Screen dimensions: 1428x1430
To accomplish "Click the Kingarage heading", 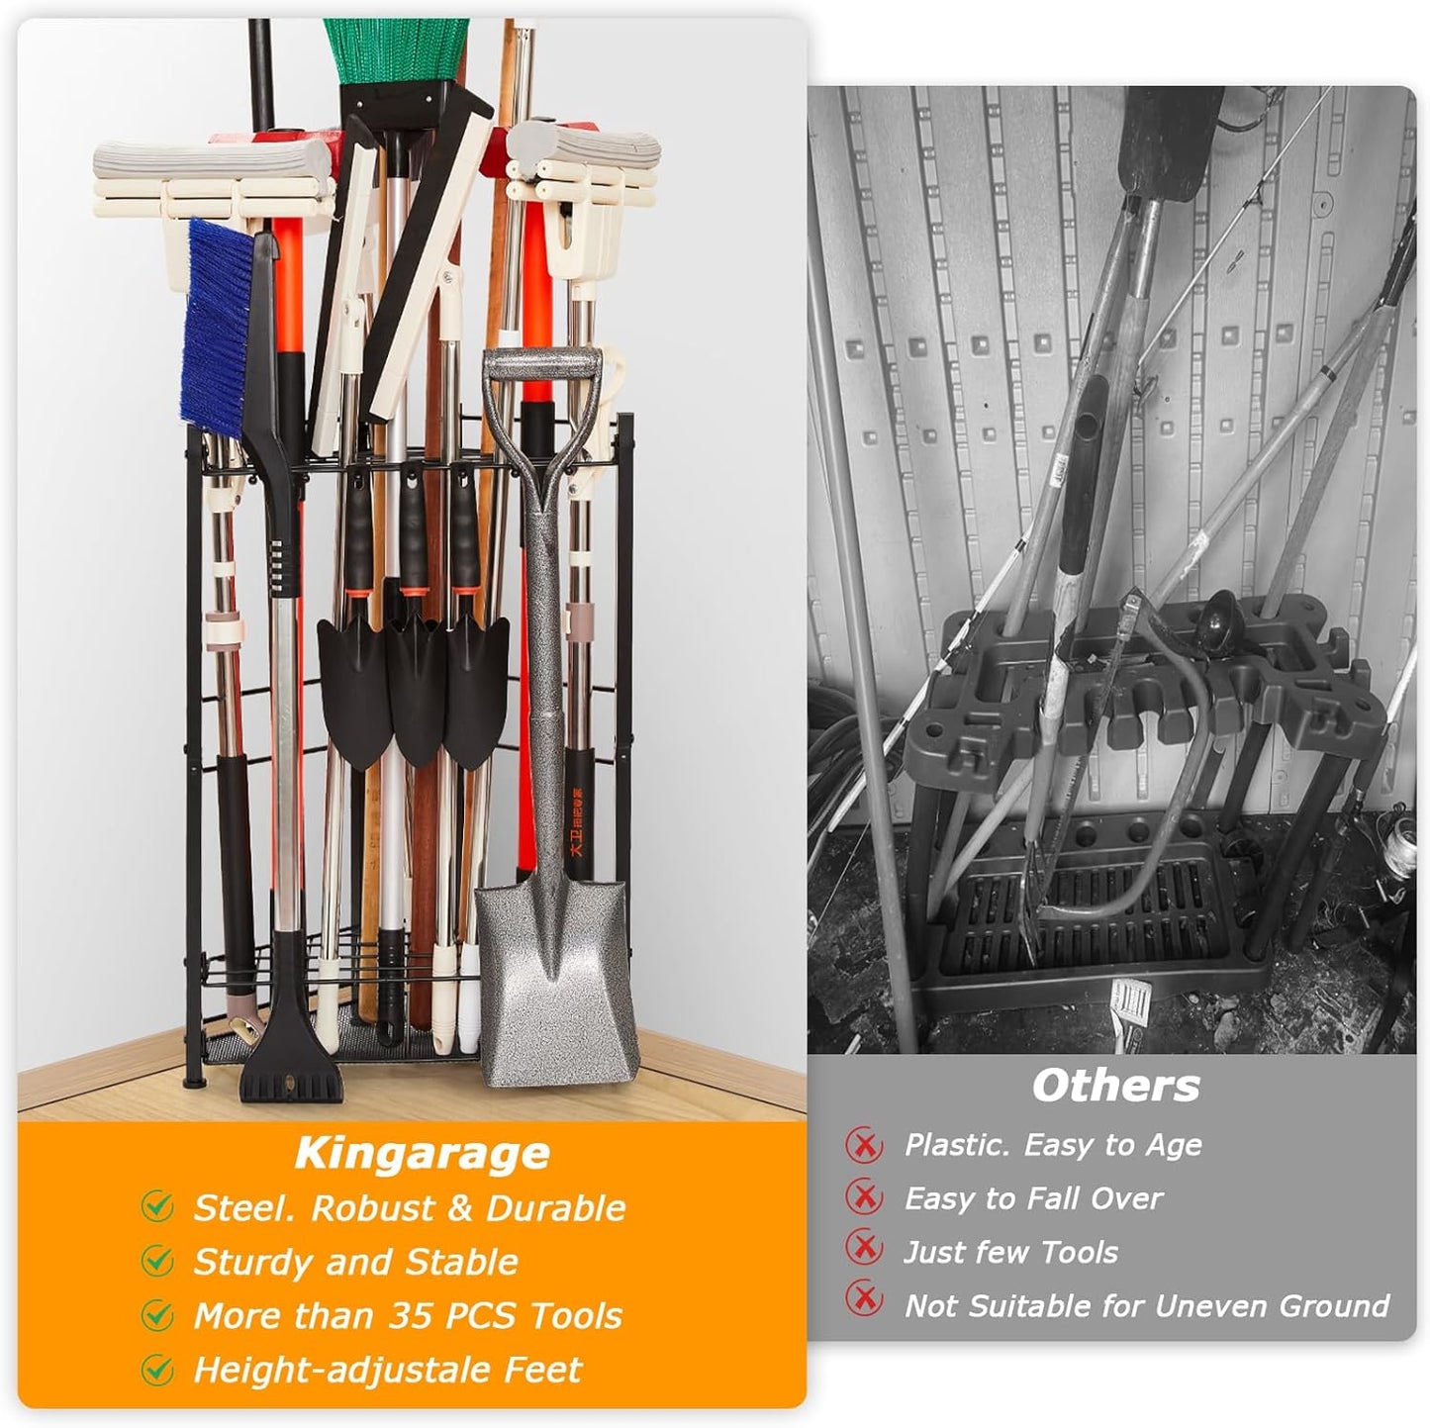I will click(422, 1154).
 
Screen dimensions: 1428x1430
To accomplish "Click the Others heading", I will click(1115, 1087).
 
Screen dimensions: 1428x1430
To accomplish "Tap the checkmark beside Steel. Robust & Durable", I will click(157, 1206).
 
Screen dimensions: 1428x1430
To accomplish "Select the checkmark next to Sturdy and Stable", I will click(157, 1261).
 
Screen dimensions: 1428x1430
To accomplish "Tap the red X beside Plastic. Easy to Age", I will click(864, 1146).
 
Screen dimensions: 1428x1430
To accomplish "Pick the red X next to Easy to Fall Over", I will click(864, 1198).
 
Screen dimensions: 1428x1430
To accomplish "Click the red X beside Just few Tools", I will click(864, 1252).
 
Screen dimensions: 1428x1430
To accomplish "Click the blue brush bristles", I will click(212, 327).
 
